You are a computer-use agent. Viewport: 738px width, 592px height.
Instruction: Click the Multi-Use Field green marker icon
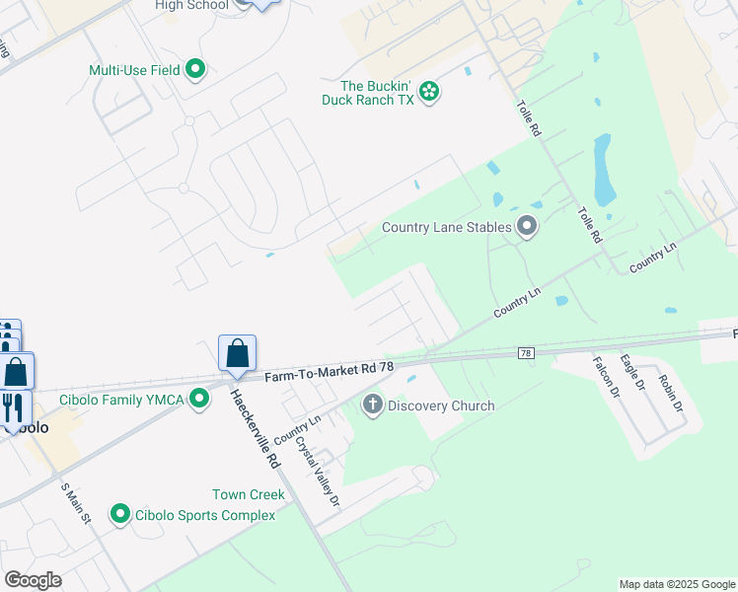(195, 69)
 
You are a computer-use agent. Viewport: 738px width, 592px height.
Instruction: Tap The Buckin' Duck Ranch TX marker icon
(429, 92)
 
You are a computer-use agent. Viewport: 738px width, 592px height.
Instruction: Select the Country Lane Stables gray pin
(528, 227)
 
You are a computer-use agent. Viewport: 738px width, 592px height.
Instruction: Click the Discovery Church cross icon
(373, 405)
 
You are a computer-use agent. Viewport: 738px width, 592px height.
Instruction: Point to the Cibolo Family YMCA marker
(200, 399)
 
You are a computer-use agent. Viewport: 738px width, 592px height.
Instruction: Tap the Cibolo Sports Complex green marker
(120, 514)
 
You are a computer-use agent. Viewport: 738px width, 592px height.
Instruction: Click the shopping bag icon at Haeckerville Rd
(237, 354)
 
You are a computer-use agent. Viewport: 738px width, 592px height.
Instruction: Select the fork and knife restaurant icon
(13, 407)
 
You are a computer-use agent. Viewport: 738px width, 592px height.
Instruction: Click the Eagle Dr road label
(632, 372)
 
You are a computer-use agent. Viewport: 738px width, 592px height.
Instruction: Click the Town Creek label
(248, 494)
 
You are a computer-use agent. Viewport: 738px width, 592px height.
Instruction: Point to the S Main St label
(75, 503)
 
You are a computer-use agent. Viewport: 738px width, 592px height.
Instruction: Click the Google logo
(33, 580)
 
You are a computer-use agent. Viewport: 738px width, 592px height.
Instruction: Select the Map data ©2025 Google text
(676, 584)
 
